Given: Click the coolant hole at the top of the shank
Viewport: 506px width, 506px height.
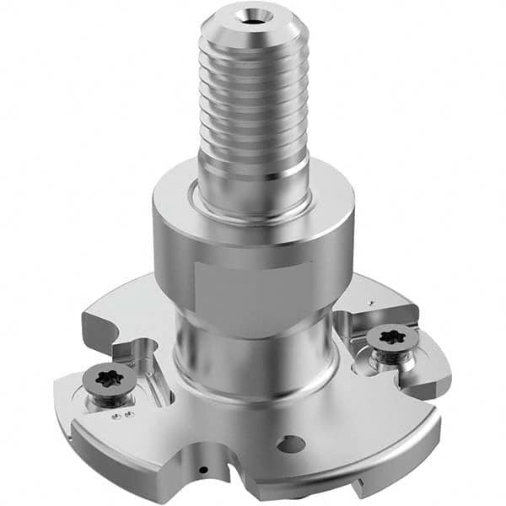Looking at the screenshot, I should pos(254,14).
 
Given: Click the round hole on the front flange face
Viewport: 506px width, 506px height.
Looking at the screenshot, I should pos(292,443).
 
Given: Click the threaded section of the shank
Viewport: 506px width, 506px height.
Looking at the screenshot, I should pos(253,101).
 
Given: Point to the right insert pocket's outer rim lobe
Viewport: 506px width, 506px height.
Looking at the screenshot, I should pos(430,371).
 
